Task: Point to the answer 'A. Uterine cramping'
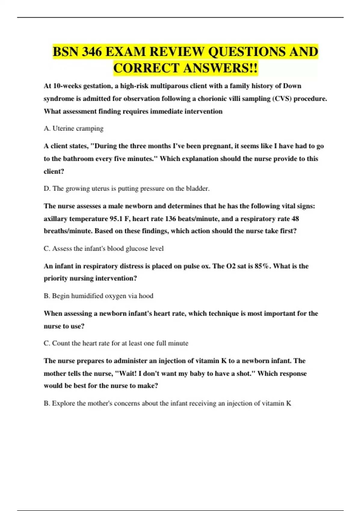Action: tap(73, 128)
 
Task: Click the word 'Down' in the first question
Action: tap(292, 86)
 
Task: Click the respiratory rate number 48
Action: tap(295, 219)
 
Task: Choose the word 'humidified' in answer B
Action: tap(87, 296)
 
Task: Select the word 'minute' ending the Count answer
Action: tap(178, 343)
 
